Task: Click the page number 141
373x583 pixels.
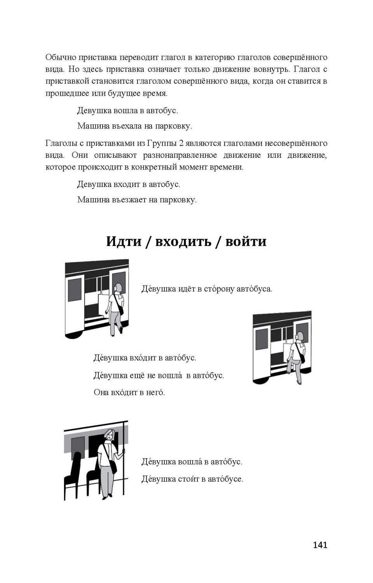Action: pos(320,545)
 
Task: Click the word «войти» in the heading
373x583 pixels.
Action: pos(246,241)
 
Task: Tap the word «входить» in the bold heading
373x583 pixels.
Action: pos(183,241)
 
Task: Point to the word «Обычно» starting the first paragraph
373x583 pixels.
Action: pos(60,58)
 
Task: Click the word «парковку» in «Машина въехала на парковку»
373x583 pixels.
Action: pos(173,126)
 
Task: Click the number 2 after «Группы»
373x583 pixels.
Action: pos(181,143)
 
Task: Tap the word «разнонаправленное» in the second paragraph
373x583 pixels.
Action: pos(180,155)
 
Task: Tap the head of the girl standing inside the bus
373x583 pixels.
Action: pos(110,435)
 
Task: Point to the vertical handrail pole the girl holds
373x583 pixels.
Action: pos(124,459)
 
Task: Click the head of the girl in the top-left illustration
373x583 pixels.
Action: pos(118,288)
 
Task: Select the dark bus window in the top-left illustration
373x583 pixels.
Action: pos(75,290)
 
